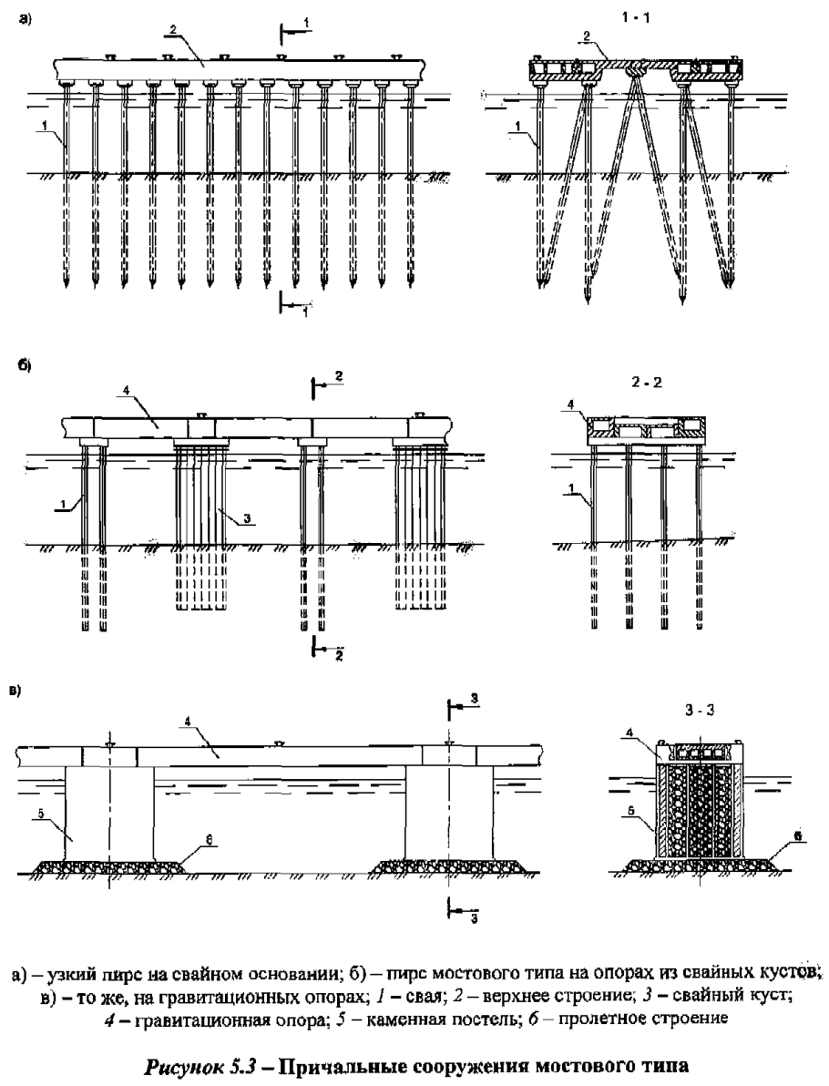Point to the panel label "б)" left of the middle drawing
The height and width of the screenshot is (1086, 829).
[x=26, y=364]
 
